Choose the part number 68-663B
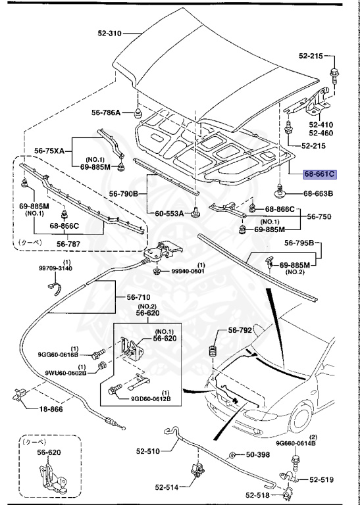pos(320,194)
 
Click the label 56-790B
pos(123,194)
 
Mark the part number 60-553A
pos(169,214)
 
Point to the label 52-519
pos(323,480)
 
